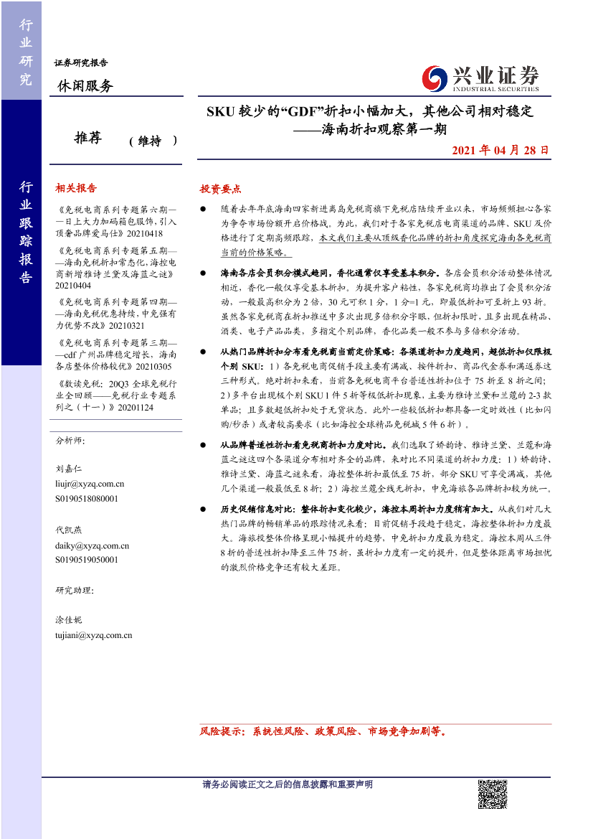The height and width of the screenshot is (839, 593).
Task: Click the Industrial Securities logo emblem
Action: [434, 77]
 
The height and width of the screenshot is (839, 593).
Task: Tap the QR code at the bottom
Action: [493, 794]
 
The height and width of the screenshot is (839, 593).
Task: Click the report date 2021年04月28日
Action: [501, 151]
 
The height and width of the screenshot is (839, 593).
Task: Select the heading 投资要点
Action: [220, 189]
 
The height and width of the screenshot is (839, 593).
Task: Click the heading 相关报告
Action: [75, 188]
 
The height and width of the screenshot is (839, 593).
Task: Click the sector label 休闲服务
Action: [85, 86]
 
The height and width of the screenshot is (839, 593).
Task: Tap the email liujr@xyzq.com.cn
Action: [90, 484]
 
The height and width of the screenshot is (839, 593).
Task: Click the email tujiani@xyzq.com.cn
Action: [93, 635]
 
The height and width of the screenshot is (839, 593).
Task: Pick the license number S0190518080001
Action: [87, 498]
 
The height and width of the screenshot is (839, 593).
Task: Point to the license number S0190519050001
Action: [87, 560]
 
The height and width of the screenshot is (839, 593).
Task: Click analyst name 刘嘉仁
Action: [69, 468]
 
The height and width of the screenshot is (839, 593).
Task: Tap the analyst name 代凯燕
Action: [69, 530]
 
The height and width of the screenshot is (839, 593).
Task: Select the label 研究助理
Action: [74, 591]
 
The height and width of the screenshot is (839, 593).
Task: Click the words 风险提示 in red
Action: [221, 733]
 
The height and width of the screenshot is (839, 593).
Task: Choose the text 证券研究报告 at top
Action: [81, 62]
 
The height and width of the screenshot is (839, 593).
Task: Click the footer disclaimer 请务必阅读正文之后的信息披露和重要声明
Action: [288, 784]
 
